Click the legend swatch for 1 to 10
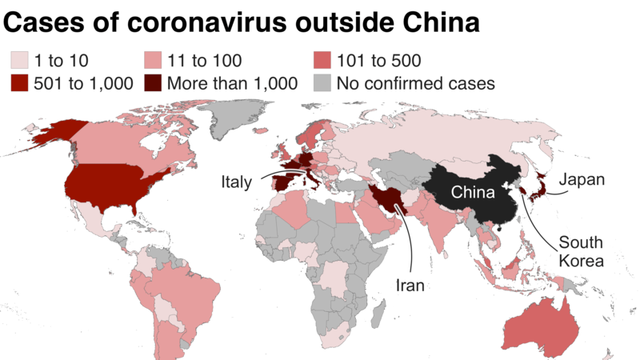pyautogui.click(x=19, y=60)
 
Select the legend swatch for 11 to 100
pyautogui.click(x=152, y=60)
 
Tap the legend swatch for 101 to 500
pyautogui.click(x=322, y=60)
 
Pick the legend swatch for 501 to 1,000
pyautogui.click(x=19, y=82)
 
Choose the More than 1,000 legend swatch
pyautogui.click(x=152, y=82)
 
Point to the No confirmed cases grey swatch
pyautogui.click(x=322, y=82)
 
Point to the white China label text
pyautogui.click(x=473, y=192)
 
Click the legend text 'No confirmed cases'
pyautogui.click(x=415, y=82)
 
